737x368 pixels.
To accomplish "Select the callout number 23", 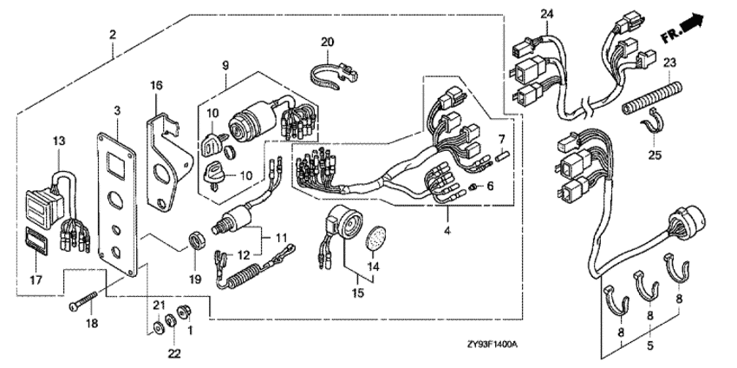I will point(669,62).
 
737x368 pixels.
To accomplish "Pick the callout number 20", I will point(327,42).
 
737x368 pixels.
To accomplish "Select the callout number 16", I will point(156,85).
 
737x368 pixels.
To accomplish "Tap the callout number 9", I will point(225,64).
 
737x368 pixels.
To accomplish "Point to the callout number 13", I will point(58,140).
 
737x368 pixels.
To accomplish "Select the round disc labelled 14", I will point(375,235).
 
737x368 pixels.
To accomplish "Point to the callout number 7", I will point(500,139).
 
